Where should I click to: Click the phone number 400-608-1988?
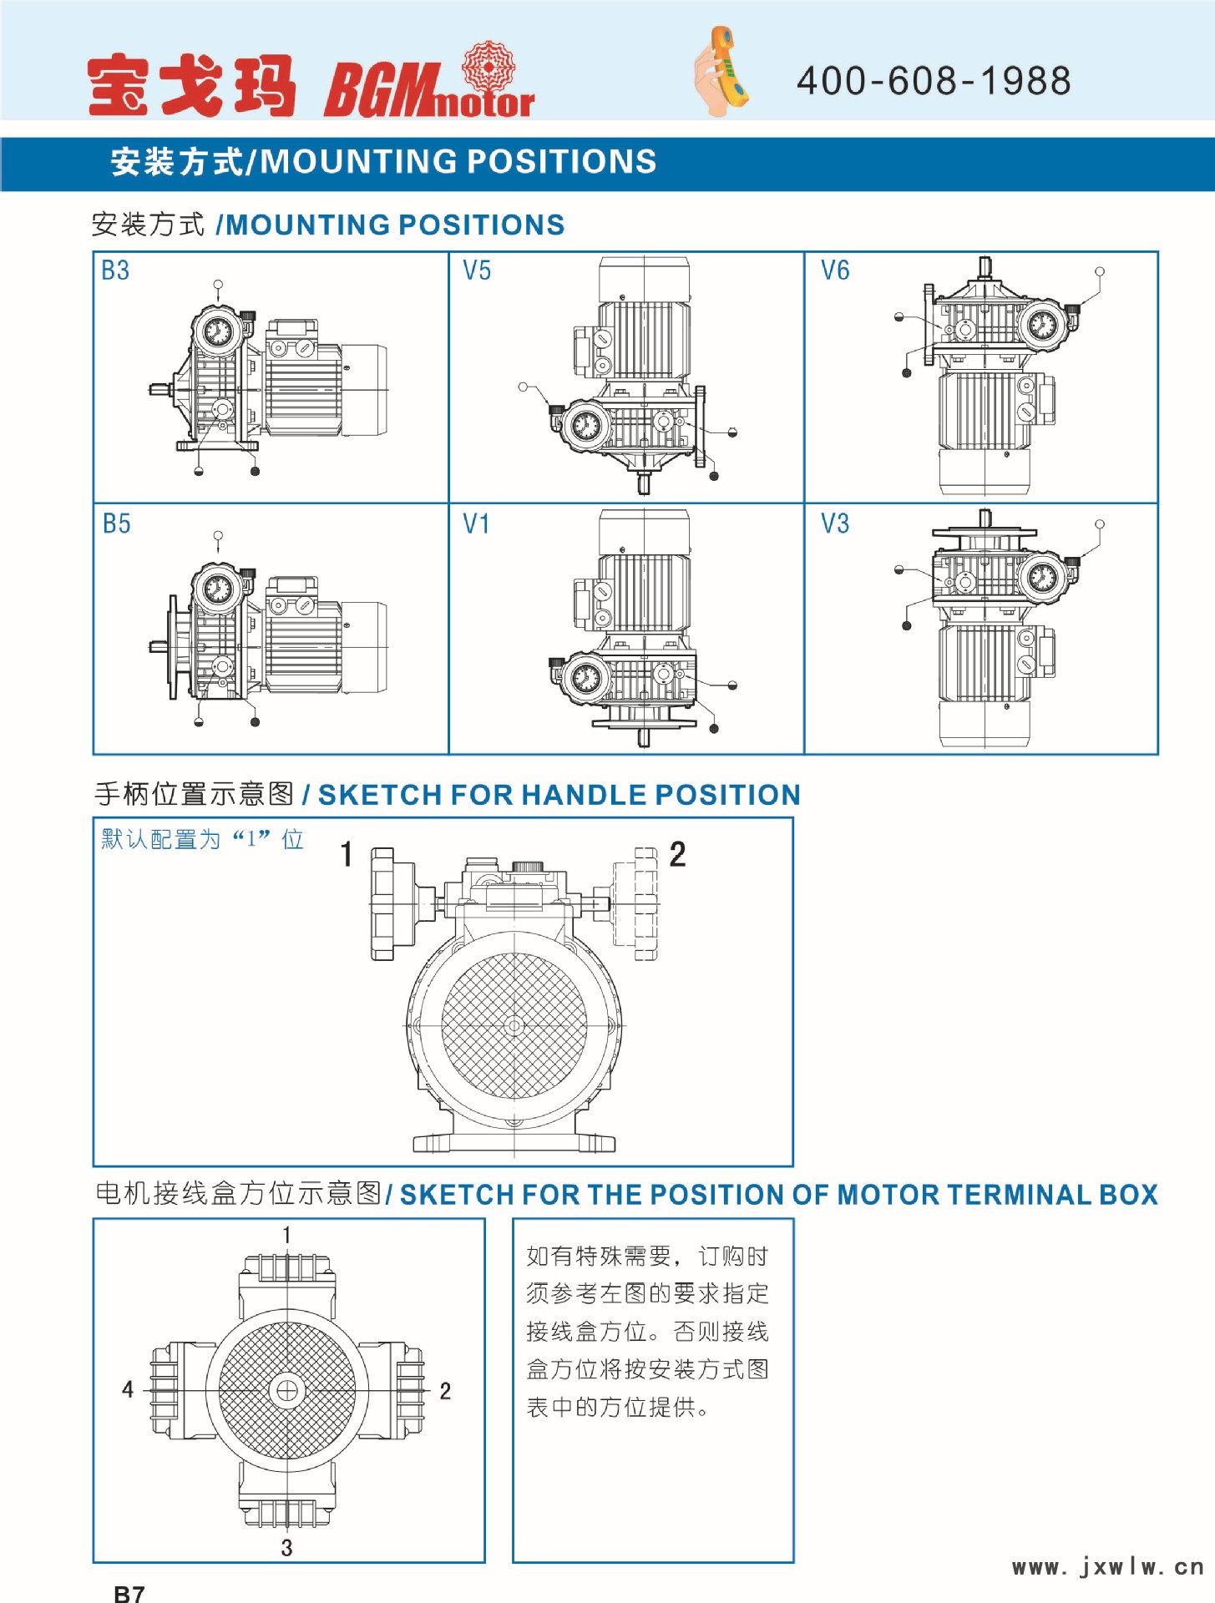tap(933, 81)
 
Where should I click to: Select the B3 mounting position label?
tap(115, 271)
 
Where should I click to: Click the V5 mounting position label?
tap(477, 271)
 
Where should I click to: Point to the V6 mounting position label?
tap(834, 271)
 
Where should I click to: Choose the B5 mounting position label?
tap(116, 523)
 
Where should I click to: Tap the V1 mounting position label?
tap(476, 523)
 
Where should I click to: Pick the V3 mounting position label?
tap(834, 523)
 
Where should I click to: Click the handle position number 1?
tap(347, 854)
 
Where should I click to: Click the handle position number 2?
tap(677, 854)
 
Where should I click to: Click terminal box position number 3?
tap(286, 1547)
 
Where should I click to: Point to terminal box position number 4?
tap(128, 1389)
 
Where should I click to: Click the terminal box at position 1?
tap(286, 1277)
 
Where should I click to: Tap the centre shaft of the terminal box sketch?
tap(286, 1391)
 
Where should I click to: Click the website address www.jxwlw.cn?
tap(1107, 1566)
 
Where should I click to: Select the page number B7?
tap(129, 1593)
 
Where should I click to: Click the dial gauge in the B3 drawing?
tap(218, 332)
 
